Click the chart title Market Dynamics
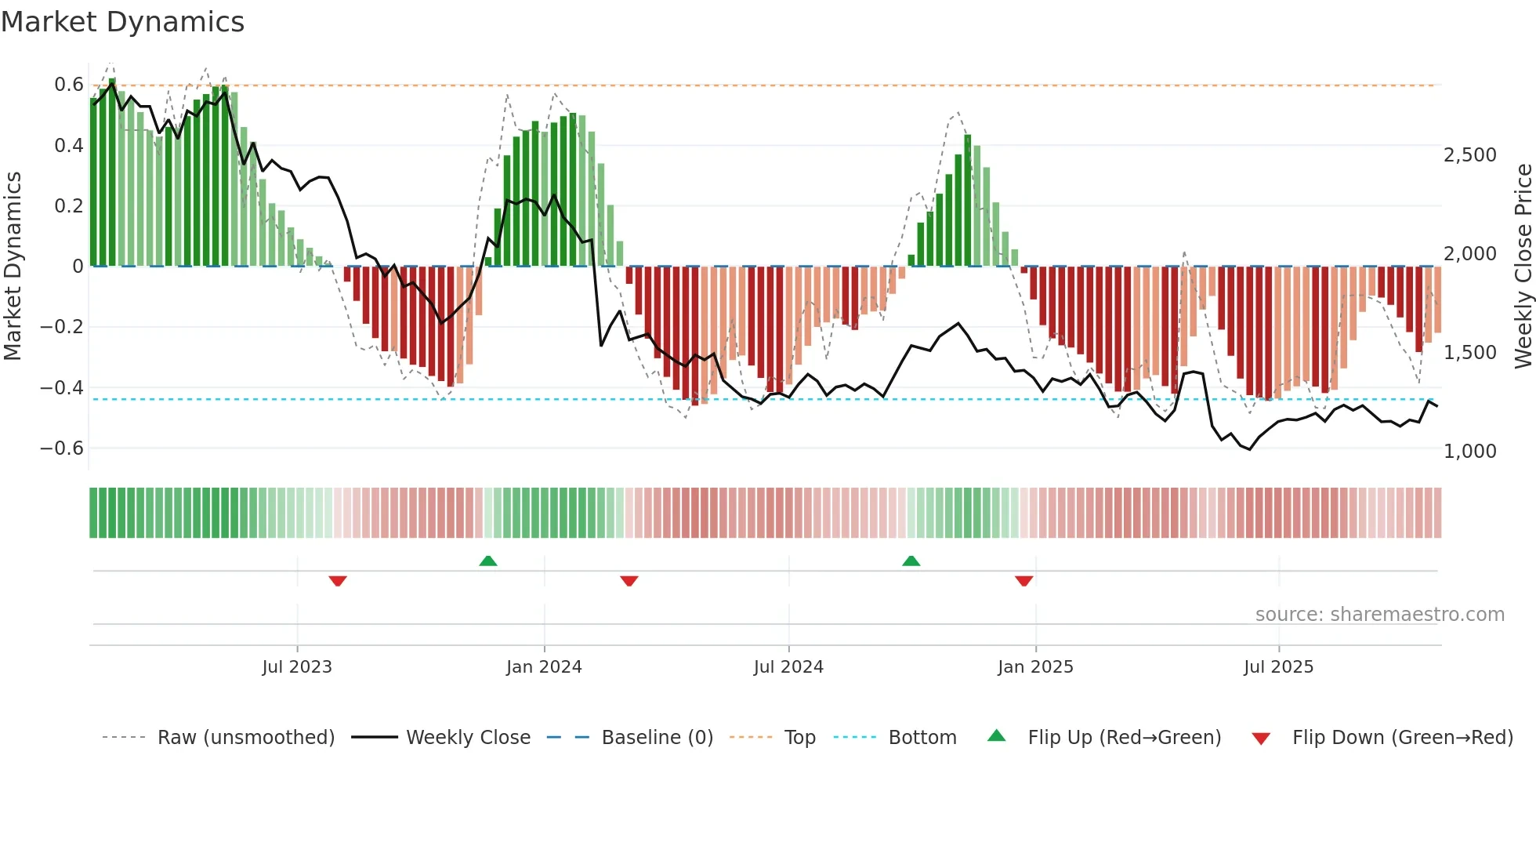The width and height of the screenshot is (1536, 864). [122, 22]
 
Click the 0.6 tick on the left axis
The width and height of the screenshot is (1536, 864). [68, 85]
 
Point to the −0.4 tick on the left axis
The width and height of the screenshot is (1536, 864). [61, 387]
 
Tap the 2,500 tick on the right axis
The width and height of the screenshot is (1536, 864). [1469, 155]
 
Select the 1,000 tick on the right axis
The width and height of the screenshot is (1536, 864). [1469, 452]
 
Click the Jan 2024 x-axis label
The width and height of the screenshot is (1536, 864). [544, 667]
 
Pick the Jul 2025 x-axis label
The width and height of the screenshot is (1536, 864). [1278, 667]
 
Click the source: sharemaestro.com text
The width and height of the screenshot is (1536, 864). [1379, 615]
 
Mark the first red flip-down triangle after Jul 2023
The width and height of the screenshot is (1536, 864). [338, 581]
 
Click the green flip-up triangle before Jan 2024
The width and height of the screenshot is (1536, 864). [488, 561]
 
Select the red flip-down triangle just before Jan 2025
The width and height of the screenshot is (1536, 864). [1023, 581]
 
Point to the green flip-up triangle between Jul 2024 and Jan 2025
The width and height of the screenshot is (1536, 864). [911, 561]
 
